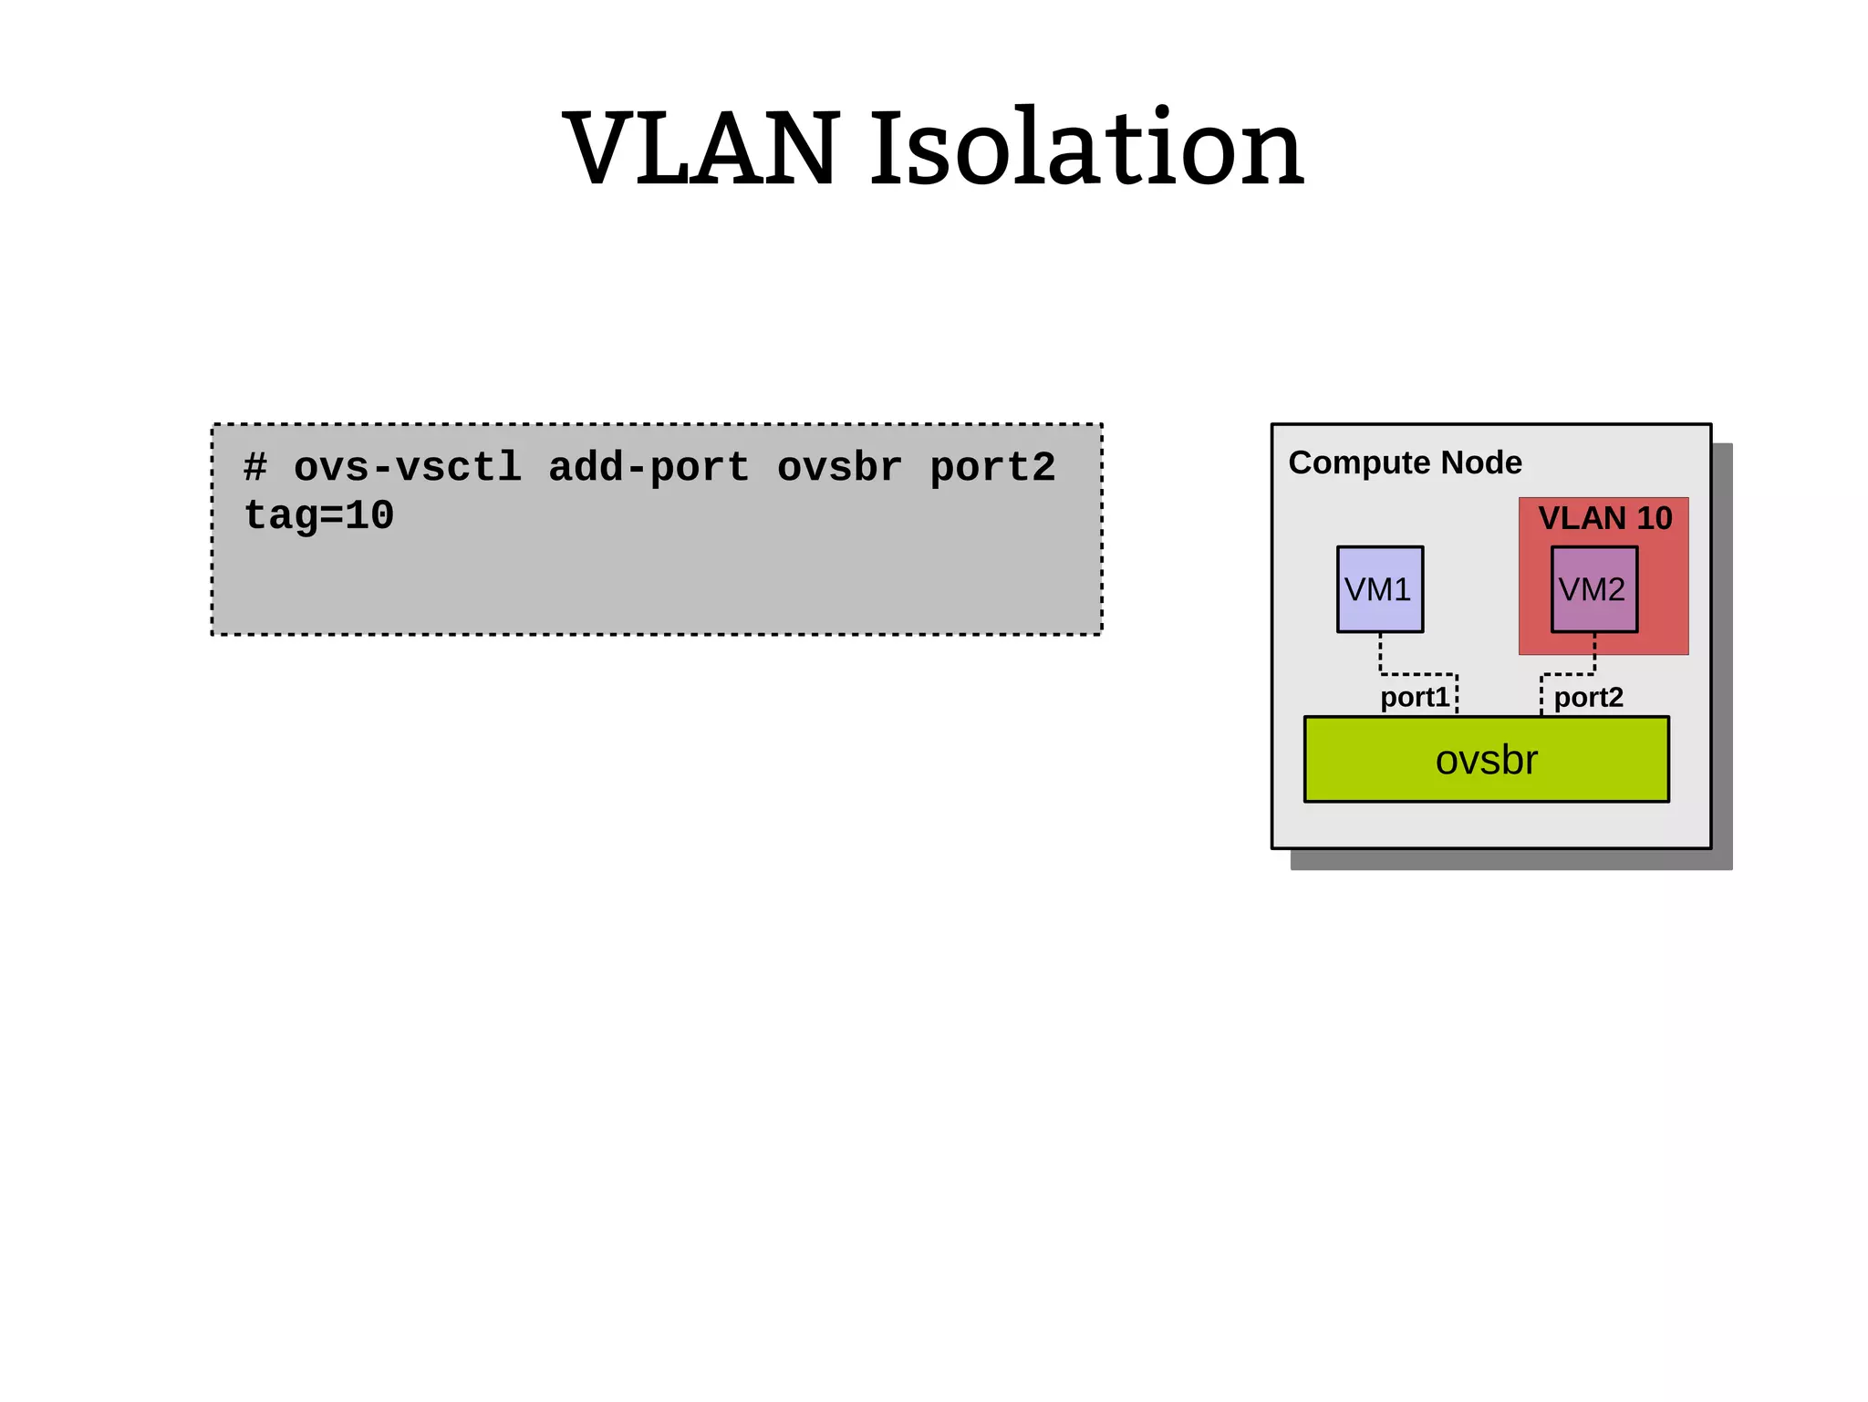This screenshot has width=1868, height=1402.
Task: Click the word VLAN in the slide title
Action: pos(700,149)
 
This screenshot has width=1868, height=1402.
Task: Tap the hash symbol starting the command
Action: pos(254,468)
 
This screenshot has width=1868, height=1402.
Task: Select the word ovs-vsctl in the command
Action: pos(408,468)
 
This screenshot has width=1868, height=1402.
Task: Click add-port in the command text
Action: pos(649,468)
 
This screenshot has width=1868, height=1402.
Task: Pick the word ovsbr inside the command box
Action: pos(839,468)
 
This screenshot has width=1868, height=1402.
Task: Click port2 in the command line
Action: pos(992,468)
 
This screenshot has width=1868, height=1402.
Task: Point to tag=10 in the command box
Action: pos(318,516)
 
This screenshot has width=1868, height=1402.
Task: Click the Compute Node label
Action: pos(1405,462)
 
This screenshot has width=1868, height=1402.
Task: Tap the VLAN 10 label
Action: pos(1604,518)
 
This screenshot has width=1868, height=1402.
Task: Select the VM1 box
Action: pos(1379,589)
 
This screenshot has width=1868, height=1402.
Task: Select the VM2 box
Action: pos(1593,589)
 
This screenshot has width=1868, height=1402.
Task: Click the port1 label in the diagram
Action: pos(1414,698)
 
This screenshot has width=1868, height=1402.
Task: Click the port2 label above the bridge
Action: pos(1588,698)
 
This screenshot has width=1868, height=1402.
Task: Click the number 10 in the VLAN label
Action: pos(1654,518)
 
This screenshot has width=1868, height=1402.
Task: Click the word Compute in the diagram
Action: pos(1359,462)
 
